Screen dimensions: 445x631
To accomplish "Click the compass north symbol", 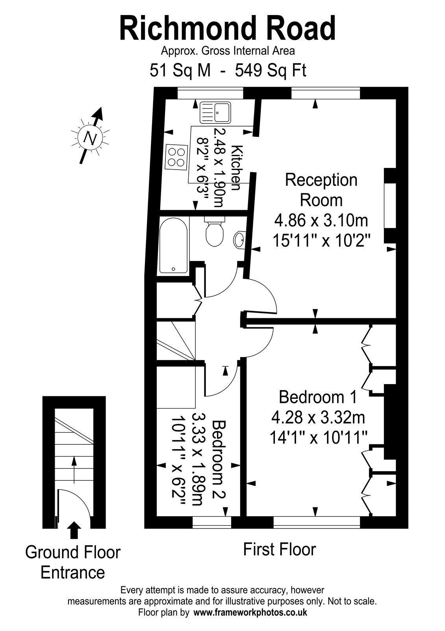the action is click(x=91, y=137).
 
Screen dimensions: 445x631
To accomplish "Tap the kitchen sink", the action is click(x=215, y=113).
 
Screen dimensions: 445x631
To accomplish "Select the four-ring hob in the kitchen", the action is click(x=177, y=157).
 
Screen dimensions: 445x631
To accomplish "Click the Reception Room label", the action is click(x=321, y=190).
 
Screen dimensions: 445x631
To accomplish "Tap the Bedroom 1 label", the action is click(x=317, y=397).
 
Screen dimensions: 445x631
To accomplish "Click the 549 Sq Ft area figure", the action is click(x=271, y=70).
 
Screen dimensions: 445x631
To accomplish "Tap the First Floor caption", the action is click(x=279, y=549).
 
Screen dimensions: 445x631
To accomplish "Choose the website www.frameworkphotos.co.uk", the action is click(x=250, y=618).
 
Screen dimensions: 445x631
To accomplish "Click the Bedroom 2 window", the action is click(x=211, y=522).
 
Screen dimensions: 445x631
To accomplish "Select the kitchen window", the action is click(x=210, y=93).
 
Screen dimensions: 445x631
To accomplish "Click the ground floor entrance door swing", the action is click(x=74, y=504).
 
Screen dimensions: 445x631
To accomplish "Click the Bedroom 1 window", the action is click(x=317, y=522).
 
